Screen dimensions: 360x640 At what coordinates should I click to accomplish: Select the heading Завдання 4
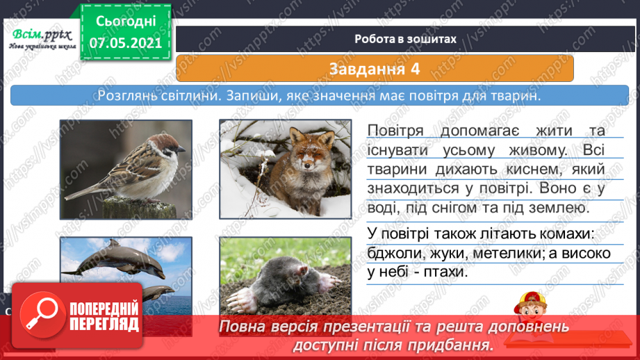[375, 68]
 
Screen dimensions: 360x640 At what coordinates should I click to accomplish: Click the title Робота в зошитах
[404, 39]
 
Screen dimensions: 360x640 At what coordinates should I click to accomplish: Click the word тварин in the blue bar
[515, 95]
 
